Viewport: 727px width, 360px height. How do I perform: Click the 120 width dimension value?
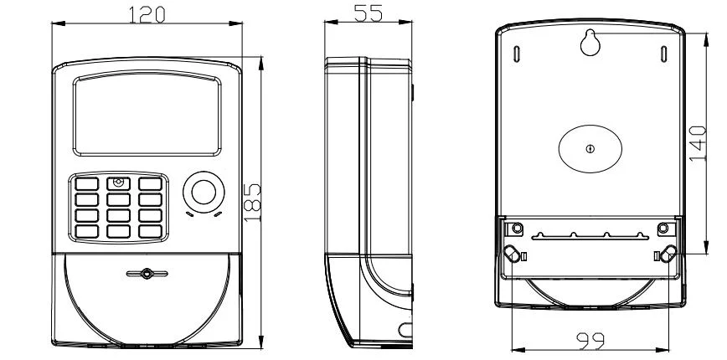(147, 14)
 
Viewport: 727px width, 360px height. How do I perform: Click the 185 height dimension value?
(252, 203)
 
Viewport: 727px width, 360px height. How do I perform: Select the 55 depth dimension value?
(369, 13)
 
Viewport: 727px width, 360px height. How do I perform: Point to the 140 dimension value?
(698, 144)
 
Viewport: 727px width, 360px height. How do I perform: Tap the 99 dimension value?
(590, 342)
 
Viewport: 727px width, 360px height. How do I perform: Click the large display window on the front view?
(147, 114)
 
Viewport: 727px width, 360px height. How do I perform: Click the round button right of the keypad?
(204, 192)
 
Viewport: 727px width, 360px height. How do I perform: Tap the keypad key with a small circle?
(118, 183)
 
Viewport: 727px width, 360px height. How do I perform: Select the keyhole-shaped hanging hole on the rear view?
(590, 42)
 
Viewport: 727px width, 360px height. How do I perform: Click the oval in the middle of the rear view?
(590, 149)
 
